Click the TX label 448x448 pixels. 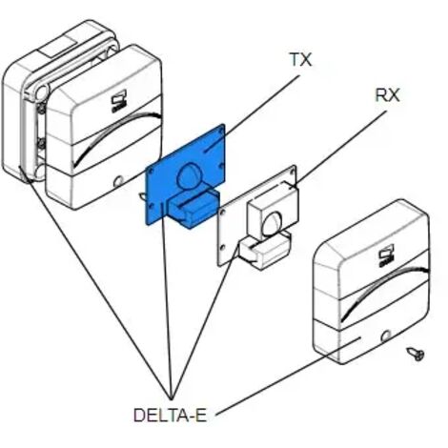(301, 60)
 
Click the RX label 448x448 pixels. (387, 94)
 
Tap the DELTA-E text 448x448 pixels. (170, 416)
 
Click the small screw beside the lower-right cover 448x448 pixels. (416, 354)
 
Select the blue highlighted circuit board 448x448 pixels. (186, 175)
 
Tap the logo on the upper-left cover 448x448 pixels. (119, 101)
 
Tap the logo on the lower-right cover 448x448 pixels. (386, 255)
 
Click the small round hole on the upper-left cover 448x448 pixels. (118, 182)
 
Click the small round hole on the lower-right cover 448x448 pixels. (386, 336)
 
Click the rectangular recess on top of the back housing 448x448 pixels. (56, 48)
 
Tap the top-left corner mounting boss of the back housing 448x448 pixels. (41, 92)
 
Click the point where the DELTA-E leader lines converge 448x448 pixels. (171, 398)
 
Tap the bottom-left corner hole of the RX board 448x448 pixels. (222, 247)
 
